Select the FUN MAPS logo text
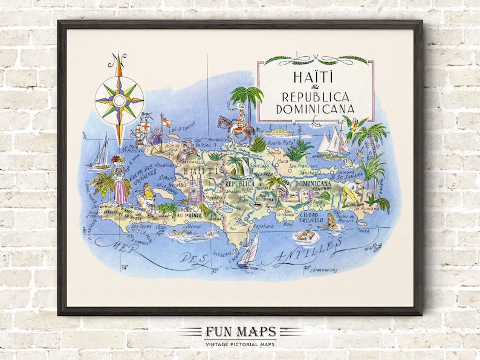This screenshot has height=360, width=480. pos(240,332)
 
